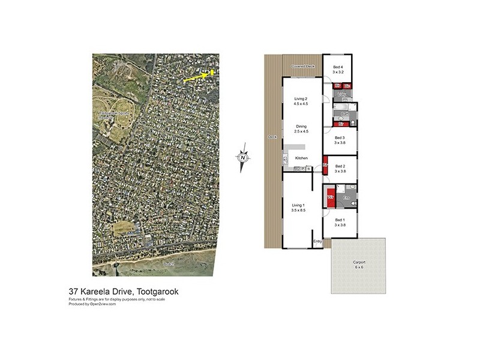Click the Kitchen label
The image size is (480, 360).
301,158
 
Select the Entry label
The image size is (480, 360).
318,241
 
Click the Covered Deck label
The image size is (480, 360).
304,66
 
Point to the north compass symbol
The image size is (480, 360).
243,158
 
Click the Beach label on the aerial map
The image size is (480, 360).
169,264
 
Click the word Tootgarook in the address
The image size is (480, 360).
157,292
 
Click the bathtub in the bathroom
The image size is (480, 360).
341,110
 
